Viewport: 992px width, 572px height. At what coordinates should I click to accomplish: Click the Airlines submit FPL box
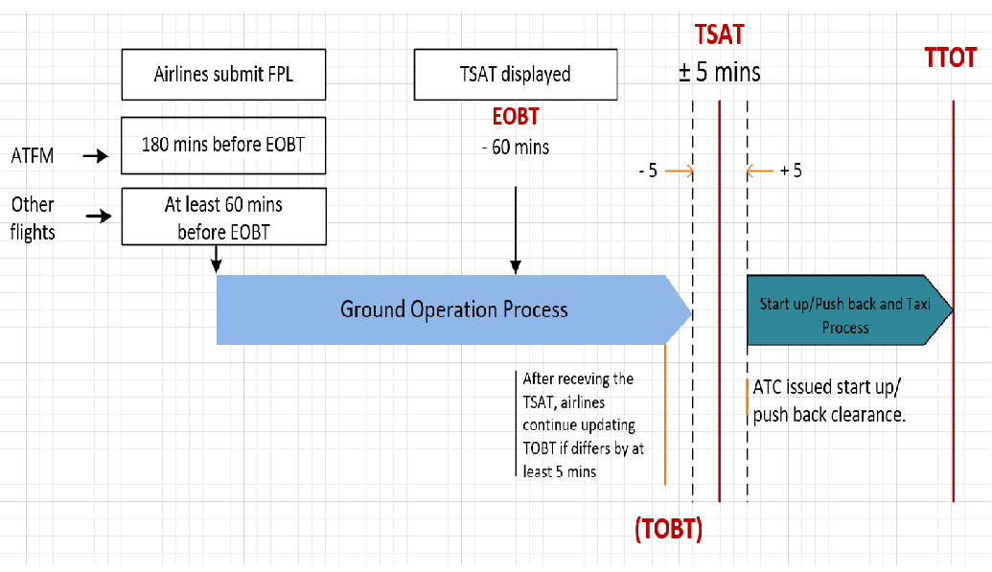pos(223,74)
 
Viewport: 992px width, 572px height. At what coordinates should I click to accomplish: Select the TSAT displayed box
pos(515,74)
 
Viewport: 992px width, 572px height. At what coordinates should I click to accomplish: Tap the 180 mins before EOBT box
pos(223,146)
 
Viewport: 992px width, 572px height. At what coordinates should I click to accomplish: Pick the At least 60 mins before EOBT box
pos(223,217)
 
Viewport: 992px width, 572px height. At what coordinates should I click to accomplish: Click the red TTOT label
pos(950,57)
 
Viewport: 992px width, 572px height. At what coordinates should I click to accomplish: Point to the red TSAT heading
pos(719,35)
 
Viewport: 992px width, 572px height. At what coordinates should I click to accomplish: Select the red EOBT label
pos(515,117)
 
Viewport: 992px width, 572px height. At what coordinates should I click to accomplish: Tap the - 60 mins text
pos(515,148)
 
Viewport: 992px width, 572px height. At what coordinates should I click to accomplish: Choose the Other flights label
pos(33,217)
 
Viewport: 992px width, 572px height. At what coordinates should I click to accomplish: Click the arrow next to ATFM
pos(96,154)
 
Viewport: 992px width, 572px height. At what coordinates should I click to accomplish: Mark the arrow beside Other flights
pos(99,217)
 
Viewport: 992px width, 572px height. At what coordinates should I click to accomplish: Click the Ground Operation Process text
pos(454,309)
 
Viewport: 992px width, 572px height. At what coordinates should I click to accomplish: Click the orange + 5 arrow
pos(759,172)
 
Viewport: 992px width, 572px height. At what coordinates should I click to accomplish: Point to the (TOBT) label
pos(668,529)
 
